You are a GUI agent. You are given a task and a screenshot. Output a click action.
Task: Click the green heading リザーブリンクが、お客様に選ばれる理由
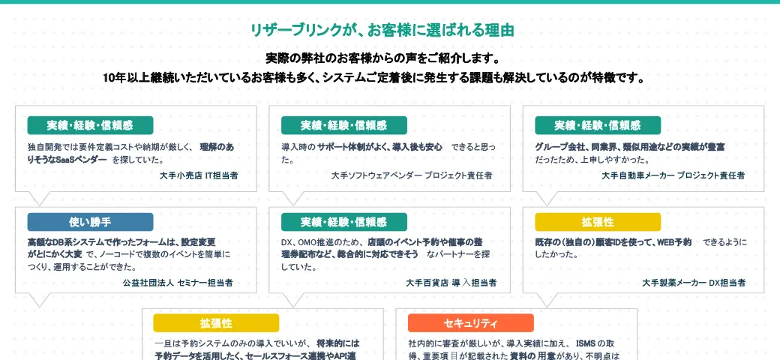click(382, 31)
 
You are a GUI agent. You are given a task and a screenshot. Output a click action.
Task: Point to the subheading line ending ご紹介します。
click(382, 58)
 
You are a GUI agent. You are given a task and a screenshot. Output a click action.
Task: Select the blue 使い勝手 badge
click(90, 222)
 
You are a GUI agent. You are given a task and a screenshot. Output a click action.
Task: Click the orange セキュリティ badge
click(470, 323)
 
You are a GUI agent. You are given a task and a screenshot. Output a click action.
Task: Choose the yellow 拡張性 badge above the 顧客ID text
click(598, 222)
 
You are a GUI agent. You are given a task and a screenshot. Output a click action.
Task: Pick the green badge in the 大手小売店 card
click(90, 125)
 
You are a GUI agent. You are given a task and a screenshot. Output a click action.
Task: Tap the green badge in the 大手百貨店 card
click(344, 222)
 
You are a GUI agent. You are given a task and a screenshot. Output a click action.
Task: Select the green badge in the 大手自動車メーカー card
click(598, 125)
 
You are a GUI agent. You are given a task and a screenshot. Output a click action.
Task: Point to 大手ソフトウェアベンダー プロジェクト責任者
click(412, 175)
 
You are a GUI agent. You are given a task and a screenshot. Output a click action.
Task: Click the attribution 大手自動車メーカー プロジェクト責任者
click(673, 175)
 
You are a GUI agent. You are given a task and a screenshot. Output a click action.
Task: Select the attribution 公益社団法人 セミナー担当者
click(177, 283)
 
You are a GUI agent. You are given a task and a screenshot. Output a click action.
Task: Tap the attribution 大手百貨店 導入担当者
click(451, 283)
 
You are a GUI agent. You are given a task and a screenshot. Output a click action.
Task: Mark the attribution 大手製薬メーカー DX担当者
click(694, 283)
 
